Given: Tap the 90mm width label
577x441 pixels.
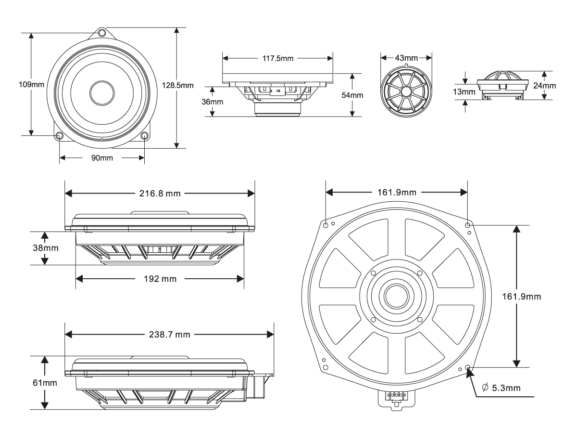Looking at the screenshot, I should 101,158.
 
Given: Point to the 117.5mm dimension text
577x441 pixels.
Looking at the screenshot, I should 277,57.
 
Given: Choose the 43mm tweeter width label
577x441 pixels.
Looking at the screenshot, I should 406,57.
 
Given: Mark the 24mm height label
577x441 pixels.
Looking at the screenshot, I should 545,86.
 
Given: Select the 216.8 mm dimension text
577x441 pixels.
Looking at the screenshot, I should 160,194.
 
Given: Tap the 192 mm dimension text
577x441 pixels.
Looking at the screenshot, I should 160,279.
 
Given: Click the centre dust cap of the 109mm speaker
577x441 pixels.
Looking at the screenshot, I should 102,90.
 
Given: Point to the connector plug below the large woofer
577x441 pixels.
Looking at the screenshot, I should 395,398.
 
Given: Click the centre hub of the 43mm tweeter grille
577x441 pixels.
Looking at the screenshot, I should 406,91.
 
